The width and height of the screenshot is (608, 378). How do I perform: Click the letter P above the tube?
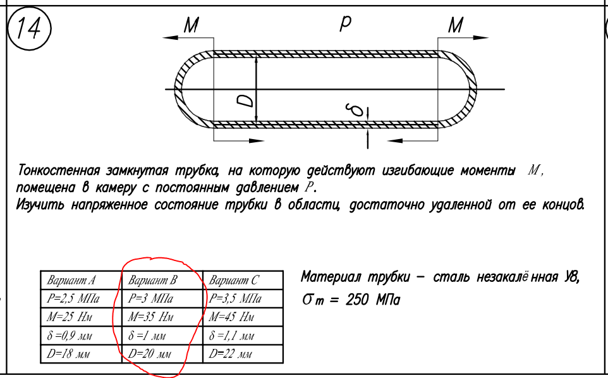(345, 24)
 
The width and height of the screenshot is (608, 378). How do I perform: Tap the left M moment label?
(191, 25)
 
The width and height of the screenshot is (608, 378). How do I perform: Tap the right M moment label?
(455, 25)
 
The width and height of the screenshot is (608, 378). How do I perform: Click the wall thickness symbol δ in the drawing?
(358, 110)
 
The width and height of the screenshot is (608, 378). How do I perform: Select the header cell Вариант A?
(71, 280)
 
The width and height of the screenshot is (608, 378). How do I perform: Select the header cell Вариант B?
(152, 280)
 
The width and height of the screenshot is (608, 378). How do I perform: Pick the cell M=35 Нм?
(151, 317)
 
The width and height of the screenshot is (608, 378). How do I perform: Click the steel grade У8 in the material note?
(570, 277)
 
